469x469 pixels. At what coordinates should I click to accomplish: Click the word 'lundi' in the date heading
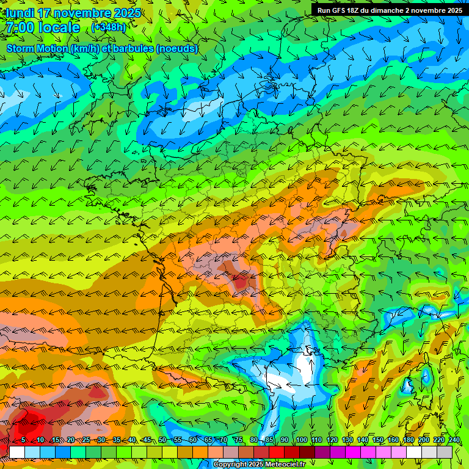click(20, 13)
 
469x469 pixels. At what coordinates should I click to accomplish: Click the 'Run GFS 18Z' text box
click(389, 10)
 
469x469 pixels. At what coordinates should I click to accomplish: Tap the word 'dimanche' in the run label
click(398, 10)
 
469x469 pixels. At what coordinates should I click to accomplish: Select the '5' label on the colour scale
click(23, 440)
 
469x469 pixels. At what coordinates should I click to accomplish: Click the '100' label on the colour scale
click(301, 440)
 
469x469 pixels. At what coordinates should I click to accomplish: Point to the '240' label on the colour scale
click(454, 440)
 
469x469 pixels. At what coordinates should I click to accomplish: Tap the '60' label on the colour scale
click(193, 440)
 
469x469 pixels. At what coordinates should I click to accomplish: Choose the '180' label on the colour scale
click(409, 440)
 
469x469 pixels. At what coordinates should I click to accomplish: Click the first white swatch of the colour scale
click(16, 452)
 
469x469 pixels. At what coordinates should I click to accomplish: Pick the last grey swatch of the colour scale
click(445, 452)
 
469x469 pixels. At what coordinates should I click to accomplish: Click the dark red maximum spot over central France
click(240, 282)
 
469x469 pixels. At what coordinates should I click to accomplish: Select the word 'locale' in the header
click(60, 27)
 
